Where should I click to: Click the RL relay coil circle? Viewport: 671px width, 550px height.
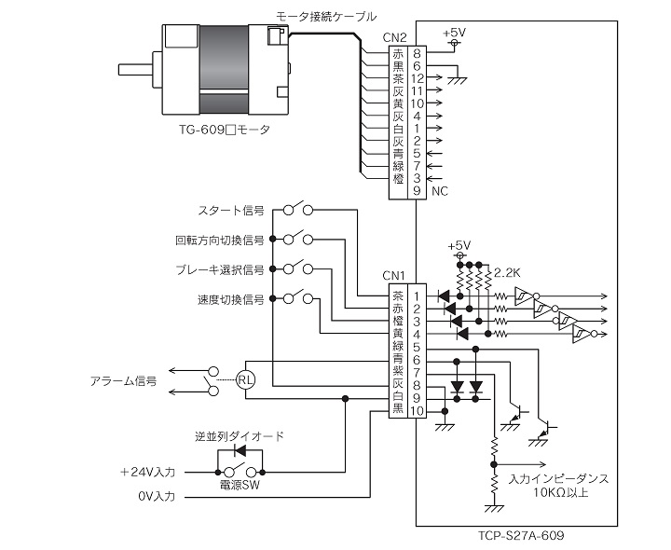pyautogui.click(x=246, y=379)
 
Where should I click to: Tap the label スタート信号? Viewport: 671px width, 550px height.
pyautogui.click(x=231, y=211)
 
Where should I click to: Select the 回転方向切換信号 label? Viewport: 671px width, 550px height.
pyautogui.click(x=220, y=241)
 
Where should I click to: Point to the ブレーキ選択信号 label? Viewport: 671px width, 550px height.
pyautogui.click(x=220, y=269)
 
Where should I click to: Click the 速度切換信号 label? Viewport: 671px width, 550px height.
pyautogui.click(x=231, y=299)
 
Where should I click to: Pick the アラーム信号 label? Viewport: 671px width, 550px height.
pyautogui.click(x=123, y=381)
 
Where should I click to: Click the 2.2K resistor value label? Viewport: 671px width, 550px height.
pyautogui.click(x=507, y=272)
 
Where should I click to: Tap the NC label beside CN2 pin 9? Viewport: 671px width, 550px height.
pyautogui.click(x=440, y=191)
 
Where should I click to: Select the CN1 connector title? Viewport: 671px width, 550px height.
pyautogui.click(x=393, y=275)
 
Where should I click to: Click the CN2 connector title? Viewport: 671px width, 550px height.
pyautogui.click(x=394, y=37)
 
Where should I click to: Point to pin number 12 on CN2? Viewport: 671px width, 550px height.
pyautogui.click(x=417, y=78)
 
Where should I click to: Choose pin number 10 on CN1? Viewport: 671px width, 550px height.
pyautogui.click(x=417, y=411)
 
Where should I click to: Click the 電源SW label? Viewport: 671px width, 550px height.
pyautogui.click(x=240, y=486)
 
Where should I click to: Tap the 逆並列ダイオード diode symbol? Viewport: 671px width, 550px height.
pyautogui.click(x=240, y=450)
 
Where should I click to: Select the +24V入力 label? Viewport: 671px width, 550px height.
pyautogui.click(x=147, y=473)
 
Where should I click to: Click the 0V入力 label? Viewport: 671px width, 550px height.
pyautogui.click(x=157, y=497)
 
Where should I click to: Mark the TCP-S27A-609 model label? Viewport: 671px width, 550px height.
pyautogui.click(x=521, y=535)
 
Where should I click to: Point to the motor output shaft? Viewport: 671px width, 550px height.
pyautogui.click(x=135, y=69)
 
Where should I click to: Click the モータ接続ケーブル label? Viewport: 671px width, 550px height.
pyautogui.click(x=326, y=17)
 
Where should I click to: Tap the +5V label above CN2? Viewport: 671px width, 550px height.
pyautogui.click(x=454, y=33)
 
